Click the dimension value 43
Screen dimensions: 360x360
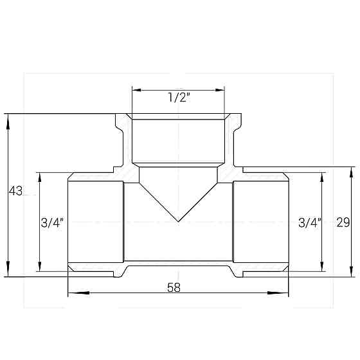tap(15, 191)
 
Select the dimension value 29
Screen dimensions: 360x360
tap(343, 222)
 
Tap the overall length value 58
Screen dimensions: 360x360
tap(174, 288)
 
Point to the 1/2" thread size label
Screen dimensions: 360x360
tap(178, 98)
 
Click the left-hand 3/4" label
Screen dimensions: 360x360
tap(51, 223)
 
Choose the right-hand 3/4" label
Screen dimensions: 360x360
tap(310, 223)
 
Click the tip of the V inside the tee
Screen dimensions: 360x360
tap(178, 222)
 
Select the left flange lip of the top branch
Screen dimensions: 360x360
tap(120, 122)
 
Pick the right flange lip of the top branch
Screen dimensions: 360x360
tap(237, 122)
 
